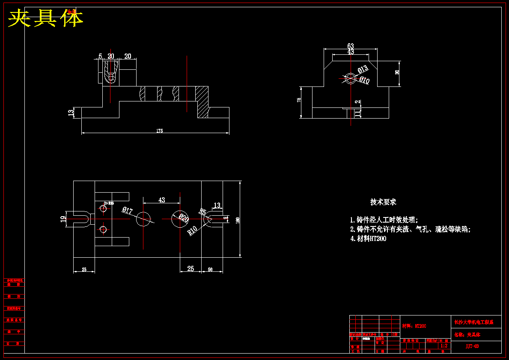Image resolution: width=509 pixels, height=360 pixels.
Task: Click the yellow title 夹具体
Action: click(x=45, y=18)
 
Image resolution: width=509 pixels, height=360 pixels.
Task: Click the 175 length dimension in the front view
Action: click(x=159, y=131)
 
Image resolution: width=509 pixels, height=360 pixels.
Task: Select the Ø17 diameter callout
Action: click(x=128, y=210)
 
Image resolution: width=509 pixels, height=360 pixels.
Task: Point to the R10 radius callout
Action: click(x=193, y=231)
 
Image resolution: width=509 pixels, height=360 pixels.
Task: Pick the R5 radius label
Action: click(x=202, y=211)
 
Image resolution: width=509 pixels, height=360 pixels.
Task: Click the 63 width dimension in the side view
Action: click(x=351, y=46)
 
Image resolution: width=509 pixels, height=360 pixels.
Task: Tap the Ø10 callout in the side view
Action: click(x=364, y=80)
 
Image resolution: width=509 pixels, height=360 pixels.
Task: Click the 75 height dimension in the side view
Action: click(x=299, y=100)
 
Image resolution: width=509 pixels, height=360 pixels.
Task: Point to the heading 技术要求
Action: click(x=383, y=202)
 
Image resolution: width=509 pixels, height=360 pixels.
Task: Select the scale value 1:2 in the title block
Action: click(x=444, y=345)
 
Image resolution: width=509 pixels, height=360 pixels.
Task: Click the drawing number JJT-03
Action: click(x=472, y=346)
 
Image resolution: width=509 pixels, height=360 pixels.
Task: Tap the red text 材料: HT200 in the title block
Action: click(x=414, y=326)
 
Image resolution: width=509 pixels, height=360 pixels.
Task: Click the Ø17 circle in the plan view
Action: click(x=144, y=219)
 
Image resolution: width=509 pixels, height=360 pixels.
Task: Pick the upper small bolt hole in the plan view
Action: click(x=103, y=209)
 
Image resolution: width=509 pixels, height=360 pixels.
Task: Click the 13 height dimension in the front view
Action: click(x=71, y=113)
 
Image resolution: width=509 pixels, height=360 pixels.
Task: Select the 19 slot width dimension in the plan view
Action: click(x=63, y=219)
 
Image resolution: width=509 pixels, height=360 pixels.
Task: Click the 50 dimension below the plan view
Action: click(x=210, y=269)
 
